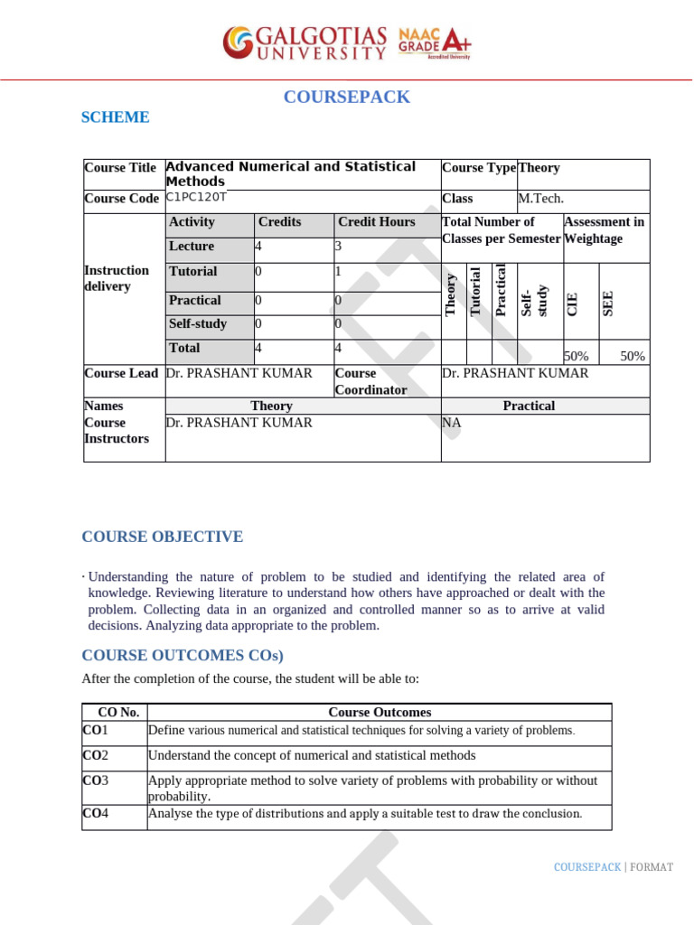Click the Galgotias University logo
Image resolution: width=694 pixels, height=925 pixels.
pos(305,42)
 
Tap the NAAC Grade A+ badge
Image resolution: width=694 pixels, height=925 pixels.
pos(435,42)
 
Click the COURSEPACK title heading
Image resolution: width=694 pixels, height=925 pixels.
pos(346,98)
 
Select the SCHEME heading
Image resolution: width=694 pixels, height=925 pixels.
pos(116,117)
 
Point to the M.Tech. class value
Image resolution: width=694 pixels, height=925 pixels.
pos(540,199)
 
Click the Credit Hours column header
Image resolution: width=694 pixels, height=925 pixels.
pos(376,222)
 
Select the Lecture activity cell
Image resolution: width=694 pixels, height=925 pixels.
pos(192,247)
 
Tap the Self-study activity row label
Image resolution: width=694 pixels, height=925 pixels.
pos(198,324)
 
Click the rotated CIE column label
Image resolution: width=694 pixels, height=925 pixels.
pos(572,304)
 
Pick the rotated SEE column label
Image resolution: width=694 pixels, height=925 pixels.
pos(608,303)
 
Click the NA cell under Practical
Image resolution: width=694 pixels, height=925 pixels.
pos(451,423)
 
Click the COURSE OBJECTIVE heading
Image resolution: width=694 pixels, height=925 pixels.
pos(163,537)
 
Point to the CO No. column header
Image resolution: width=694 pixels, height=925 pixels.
pos(117,713)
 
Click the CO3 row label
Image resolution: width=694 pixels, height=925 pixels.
pos(95,780)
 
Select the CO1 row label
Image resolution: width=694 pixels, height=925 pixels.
pos(95,730)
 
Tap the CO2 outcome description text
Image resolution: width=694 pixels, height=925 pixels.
pos(312,756)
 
